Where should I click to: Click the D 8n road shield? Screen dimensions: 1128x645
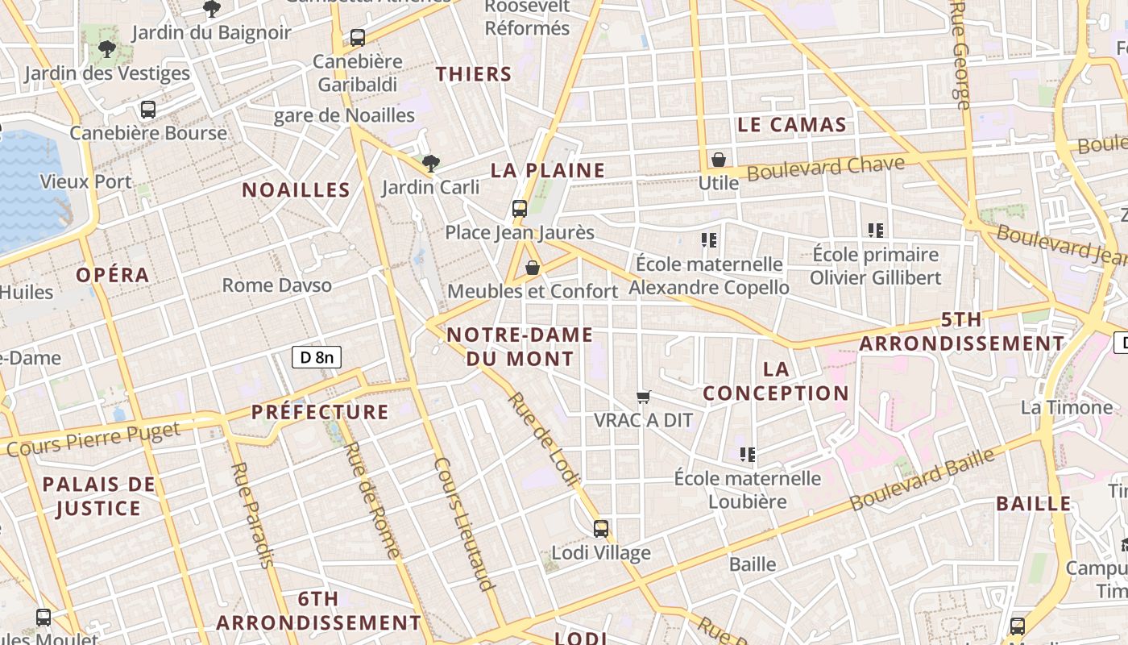pyautogui.click(x=317, y=356)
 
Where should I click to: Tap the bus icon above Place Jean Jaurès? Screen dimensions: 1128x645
pyautogui.click(x=520, y=208)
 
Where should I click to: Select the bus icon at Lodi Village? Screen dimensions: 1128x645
pyautogui.click(x=601, y=529)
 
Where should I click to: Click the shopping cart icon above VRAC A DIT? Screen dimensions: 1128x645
pyautogui.click(x=643, y=397)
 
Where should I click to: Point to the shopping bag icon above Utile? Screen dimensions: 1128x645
pyautogui.click(x=718, y=160)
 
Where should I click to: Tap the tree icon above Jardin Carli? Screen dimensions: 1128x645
pyautogui.click(x=431, y=164)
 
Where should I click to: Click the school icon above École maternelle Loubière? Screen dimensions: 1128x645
pyautogui.click(x=748, y=455)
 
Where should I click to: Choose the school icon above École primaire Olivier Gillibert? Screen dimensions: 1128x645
pyautogui.click(x=876, y=231)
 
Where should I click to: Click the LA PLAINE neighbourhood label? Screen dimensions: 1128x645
pyautogui.click(x=548, y=170)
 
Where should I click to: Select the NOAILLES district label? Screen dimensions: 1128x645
pyautogui.click(x=297, y=190)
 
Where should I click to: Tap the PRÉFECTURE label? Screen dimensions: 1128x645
pyautogui.click(x=320, y=412)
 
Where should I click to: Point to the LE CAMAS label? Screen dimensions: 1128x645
pyautogui.click(x=792, y=125)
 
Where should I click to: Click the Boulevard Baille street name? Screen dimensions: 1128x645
pyautogui.click(x=923, y=479)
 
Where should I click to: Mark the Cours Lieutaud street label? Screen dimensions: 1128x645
pyautogui.click(x=463, y=524)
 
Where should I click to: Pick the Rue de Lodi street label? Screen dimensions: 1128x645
pyautogui.click(x=545, y=440)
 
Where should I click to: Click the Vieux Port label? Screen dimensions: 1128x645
pyautogui.click(x=85, y=181)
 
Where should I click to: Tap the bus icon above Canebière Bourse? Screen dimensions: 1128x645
pyautogui.click(x=148, y=110)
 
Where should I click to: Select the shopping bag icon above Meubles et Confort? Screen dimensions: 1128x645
pyautogui.click(x=532, y=268)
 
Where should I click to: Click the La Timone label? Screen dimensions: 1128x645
pyautogui.click(x=1067, y=407)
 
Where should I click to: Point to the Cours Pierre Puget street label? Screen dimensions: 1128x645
pyautogui.click(x=93, y=439)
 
